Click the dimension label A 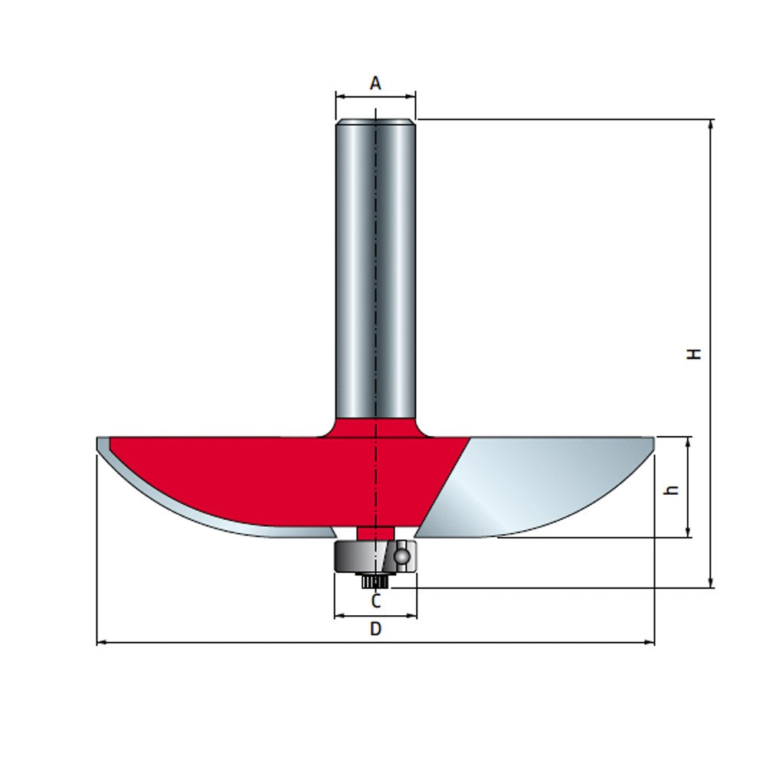pyautogui.click(x=375, y=83)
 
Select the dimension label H pyautogui.click(x=694, y=353)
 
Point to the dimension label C pyautogui.click(x=375, y=601)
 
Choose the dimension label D pyautogui.click(x=375, y=629)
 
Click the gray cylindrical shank pyautogui.click(x=375, y=260)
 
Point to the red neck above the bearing pyautogui.click(x=375, y=532)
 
